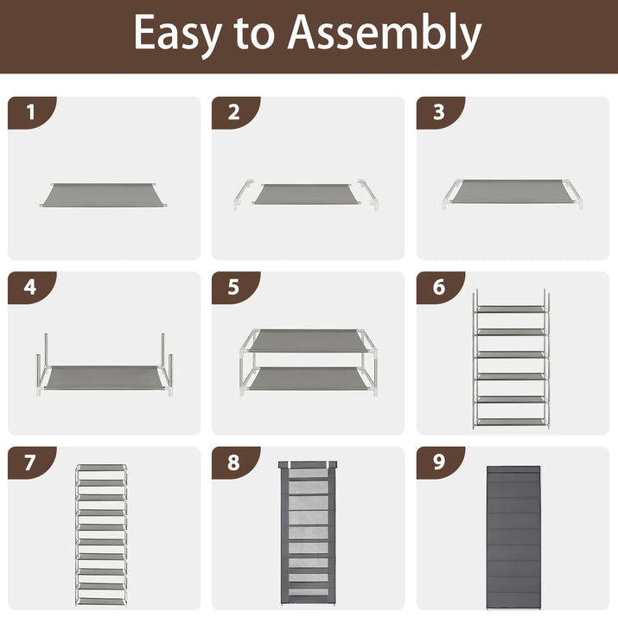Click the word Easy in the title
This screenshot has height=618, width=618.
pyautogui.click(x=177, y=35)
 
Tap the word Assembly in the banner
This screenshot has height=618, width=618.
pyautogui.click(x=385, y=35)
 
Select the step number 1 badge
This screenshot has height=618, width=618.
pyautogui.click(x=32, y=112)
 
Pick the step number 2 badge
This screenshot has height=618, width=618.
pyautogui.click(x=236, y=112)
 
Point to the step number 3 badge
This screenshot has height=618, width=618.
pyautogui.click(x=440, y=112)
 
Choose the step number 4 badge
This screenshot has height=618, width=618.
pyautogui.click(x=32, y=288)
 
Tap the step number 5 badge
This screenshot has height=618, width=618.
pyautogui.click(x=236, y=288)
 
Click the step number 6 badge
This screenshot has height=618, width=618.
pyautogui.click(x=440, y=288)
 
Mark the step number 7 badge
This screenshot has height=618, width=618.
pyautogui.click(x=32, y=462)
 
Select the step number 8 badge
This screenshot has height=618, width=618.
pyautogui.click(x=236, y=462)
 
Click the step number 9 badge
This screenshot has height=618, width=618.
pyautogui.click(x=440, y=462)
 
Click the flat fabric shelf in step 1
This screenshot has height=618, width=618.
pyautogui.click(x=103, y=194)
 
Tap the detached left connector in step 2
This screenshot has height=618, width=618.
pyautogui.click(x=243, y=194)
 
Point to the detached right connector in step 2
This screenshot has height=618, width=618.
pyautogui.click(x=368, y=194)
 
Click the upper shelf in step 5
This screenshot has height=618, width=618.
pyautogui.click(x=309, y=341)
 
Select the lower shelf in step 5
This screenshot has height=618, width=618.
pyautogui.click(x=309, y=379)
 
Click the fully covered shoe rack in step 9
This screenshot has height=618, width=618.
pyautogui.click(x=513, y=538)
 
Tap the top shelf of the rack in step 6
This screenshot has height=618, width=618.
pyautogui.click(x=511, y=309)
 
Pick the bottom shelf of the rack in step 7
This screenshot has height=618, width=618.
pyautogui.click(x=101, y=602)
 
